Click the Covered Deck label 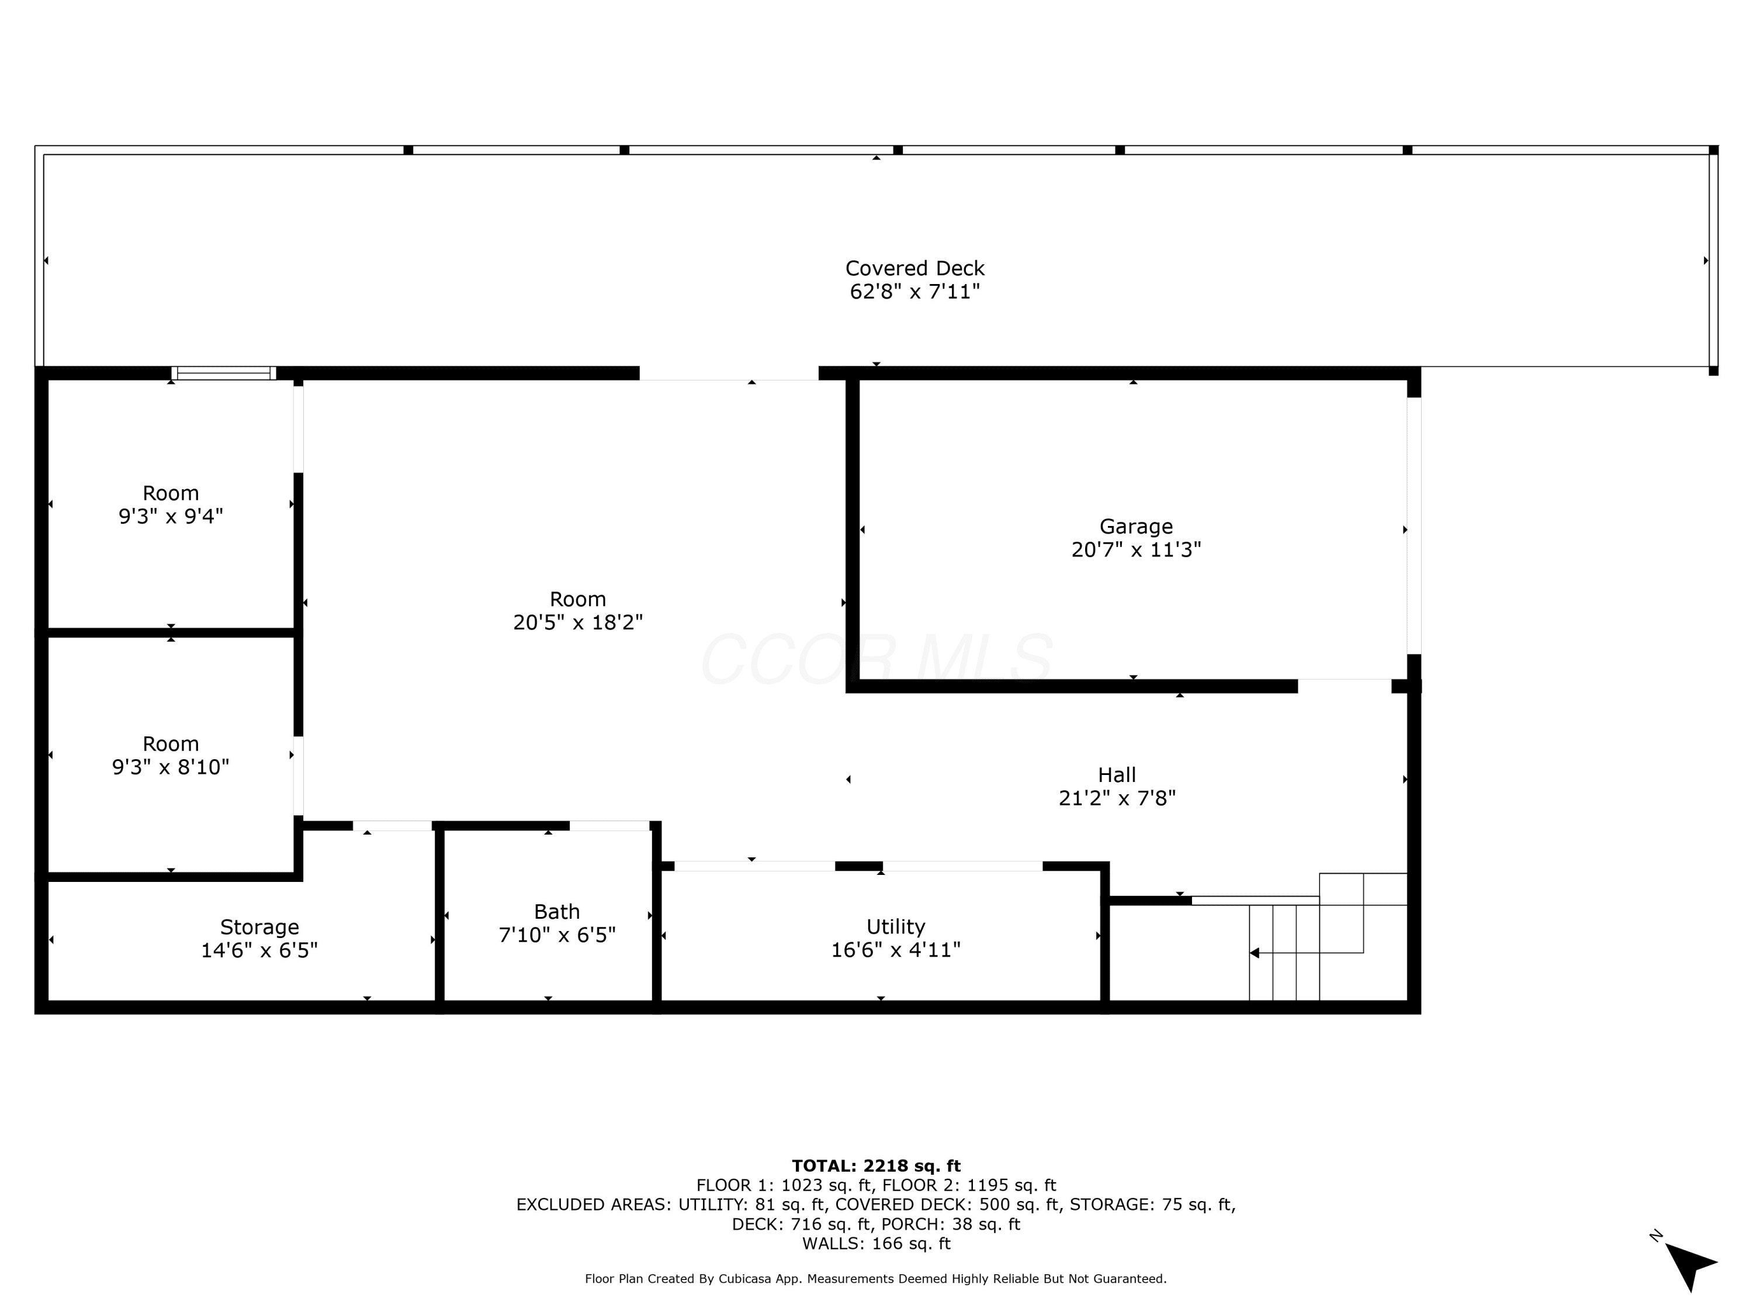[x=914, y=269]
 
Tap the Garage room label [x=1135, y=527]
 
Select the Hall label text [x=1117, y=774]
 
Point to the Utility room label [x=896, y=926]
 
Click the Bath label [x=556, y=912]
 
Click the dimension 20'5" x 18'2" [x=578, y=622]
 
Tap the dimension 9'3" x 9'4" [x=171, y=517]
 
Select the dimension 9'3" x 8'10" [x=171, y=767]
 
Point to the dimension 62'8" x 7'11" [x=914, y=292]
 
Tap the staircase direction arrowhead [x=1254, y=953]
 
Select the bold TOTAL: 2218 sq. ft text [x=876, y=1166]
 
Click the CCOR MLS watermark [x=876, y=659]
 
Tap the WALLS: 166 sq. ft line [x=876, y=1244]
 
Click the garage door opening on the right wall [x=1414, y=525]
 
